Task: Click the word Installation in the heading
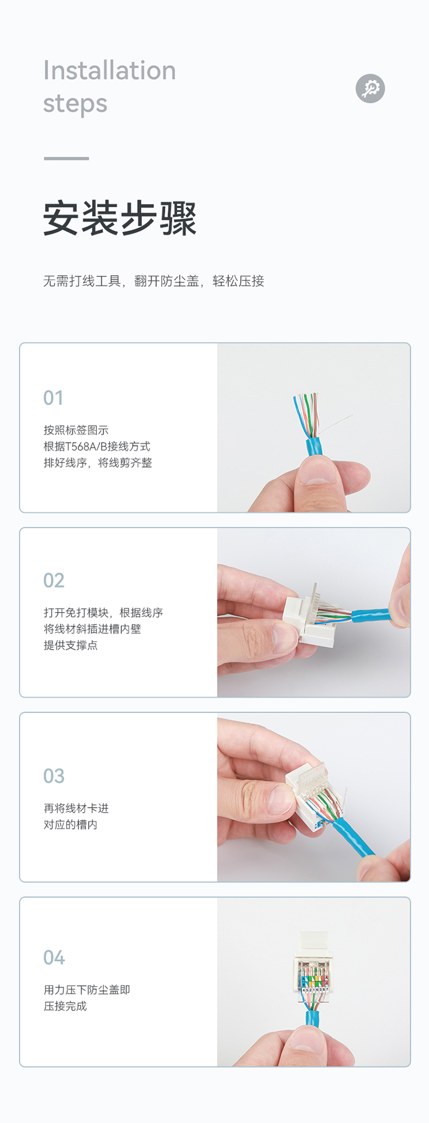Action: click(x=109, y=70)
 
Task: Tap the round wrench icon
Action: click(x=370, y=88)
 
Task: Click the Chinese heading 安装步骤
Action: click(x=120, y=218)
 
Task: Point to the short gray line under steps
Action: click(x=66, y=159)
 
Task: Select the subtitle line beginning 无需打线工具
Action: click(x=154, y=281)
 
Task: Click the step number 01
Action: click(x=53, y=398)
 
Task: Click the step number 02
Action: click(x=54, y=580)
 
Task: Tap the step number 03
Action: click(x=54, y=776)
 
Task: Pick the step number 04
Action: click(x=54, y=958)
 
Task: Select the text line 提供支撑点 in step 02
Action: click(x=70, y=645)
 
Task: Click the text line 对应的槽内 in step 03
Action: click(x=70, y=825)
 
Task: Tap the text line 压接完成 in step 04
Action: click(x=65, y=1006)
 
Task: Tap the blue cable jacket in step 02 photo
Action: click(x=372, y=615)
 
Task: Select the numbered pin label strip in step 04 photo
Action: click(x=315, y=990)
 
